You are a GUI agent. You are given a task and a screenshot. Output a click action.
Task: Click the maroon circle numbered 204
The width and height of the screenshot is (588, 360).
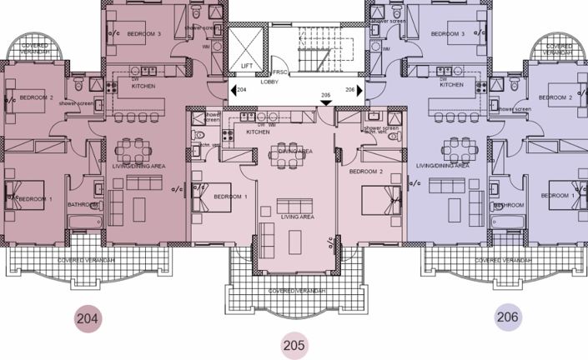point(87,317)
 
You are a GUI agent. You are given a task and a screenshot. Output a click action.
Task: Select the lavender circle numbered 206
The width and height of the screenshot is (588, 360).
point(507,317)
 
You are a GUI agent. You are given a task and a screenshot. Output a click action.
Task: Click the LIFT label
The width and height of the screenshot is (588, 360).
point(247,65)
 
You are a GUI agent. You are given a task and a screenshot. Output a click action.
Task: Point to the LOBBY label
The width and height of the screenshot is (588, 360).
point(270,82)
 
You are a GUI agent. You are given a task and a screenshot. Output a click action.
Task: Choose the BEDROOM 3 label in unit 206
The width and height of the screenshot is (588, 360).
point(447,34)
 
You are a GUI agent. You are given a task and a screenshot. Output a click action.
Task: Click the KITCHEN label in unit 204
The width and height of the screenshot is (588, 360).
point(143,86)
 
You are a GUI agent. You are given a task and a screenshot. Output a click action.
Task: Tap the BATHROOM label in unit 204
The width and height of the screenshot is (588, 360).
point(84,205)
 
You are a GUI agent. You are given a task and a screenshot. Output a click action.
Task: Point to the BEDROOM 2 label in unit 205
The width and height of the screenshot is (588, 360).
point(365,172)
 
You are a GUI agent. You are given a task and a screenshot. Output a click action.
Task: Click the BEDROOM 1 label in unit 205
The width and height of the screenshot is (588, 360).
point(231,197)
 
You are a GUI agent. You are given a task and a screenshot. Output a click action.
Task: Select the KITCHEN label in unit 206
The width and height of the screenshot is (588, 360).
point(451,85)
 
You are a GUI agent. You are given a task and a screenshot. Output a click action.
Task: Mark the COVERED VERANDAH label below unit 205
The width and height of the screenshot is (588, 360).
point(294,292)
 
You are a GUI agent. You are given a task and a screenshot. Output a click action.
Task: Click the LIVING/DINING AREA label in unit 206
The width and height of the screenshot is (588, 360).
point(442,166)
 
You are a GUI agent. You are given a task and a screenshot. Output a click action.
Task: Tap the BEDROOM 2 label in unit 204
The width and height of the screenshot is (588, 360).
point(36,97)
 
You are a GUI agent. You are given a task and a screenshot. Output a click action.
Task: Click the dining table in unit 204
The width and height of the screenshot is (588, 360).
point(132,150)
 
